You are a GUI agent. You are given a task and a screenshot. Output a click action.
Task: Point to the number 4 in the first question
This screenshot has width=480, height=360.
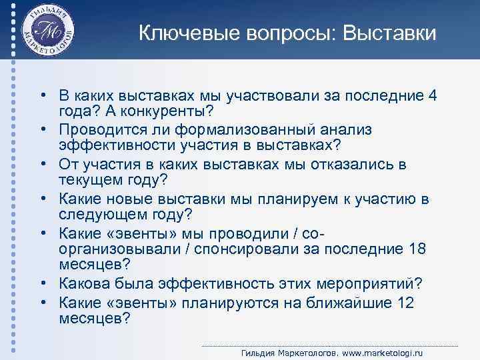[x=433, y=95]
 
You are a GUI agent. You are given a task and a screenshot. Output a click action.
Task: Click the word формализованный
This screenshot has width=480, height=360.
[x=251, y=128]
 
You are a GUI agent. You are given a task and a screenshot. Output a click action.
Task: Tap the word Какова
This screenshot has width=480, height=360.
[x=84, y=283]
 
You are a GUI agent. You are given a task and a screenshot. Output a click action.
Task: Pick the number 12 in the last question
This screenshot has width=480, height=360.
[x=405, y=303]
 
